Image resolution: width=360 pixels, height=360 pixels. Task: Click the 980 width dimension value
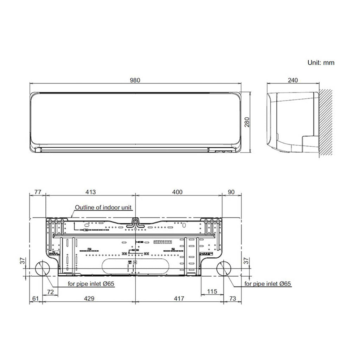[x=135, y=80]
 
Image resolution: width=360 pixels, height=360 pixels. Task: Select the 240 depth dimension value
[x=292, y=80]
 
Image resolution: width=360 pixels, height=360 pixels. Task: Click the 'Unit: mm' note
[x=321, y=63]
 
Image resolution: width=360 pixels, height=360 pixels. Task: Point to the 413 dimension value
[x=91, y=192]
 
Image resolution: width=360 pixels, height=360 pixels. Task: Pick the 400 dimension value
[x=178, y=192]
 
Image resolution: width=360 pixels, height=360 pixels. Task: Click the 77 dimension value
[x=37, y=192]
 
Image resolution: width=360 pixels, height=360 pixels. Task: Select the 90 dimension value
[x=231, y=192]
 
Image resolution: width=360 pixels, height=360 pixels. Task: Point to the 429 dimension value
[x=89, y=298]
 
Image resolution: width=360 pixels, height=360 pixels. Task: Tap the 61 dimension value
[x=35, y=298]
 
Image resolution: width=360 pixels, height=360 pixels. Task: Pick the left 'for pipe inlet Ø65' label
[x=91, y=284]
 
